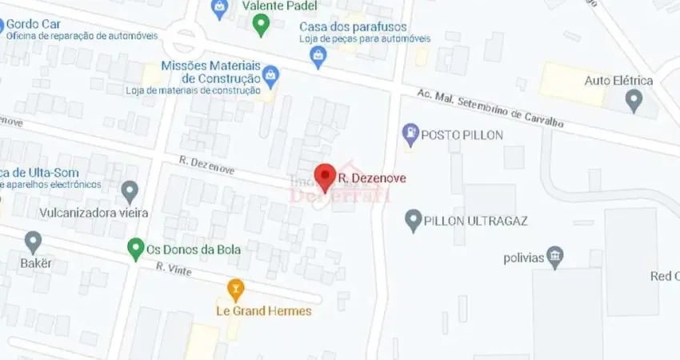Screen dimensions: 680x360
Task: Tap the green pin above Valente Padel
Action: click(x=260, y=26)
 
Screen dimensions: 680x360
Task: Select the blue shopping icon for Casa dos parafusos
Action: click(x=318, y=55)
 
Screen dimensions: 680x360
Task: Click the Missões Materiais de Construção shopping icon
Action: click(x=270, y=76)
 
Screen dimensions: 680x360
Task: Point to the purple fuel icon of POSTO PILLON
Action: click(x=410, y=134)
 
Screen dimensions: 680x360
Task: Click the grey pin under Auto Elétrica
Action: click(x=634, y=100)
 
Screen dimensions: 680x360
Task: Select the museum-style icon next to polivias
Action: click(x=554, y=258)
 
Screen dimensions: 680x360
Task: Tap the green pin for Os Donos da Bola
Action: click(x=135, y=249)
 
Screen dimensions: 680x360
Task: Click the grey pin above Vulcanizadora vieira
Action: click(x=130, y=191)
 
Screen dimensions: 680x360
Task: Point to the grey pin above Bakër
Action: click(x=33, y=241)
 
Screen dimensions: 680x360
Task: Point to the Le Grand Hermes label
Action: click(x=263, y=310)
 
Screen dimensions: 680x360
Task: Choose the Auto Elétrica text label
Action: click(x=618, y=81)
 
